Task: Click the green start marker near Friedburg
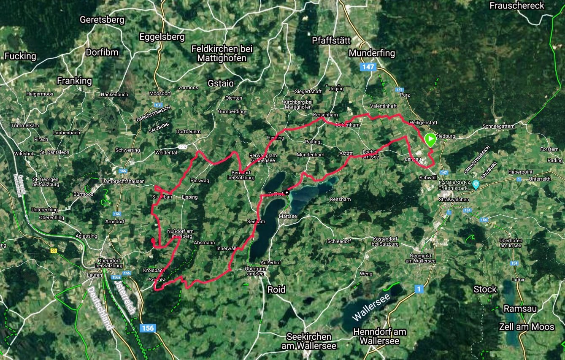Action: coord(430,140)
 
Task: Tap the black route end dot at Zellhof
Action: coord(287,192)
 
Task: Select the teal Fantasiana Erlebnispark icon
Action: coord(475,184)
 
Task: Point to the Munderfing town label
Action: coord(372,53)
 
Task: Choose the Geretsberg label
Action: coord(102,20)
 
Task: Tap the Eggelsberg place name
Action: coord(162,37)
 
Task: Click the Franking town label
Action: coord(74,81)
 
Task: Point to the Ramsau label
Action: coord(520,309)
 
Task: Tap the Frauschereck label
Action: coord(517,5)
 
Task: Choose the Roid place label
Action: coord(276,290)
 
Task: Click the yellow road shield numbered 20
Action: coord(54,251)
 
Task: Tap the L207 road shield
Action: coord(183,146)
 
